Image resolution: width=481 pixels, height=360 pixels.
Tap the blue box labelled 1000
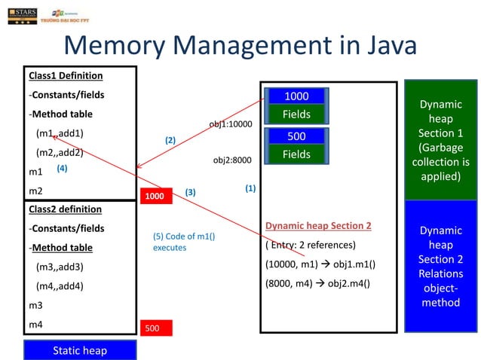[x=296, y=96]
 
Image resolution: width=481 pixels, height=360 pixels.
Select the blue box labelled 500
[x=296, y=136]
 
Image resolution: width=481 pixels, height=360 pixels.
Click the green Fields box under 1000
[x=296, y=114]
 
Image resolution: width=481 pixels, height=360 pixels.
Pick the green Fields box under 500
[x=296, y=154]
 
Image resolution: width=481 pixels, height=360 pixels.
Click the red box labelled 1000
[x=155, y=194]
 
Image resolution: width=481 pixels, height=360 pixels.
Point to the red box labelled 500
[x=155, y=328]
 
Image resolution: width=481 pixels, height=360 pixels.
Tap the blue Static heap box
[x=80, y=350]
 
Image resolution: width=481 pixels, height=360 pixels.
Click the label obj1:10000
[x=230, y=124]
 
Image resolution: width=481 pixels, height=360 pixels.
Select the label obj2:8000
[x=232, y=160]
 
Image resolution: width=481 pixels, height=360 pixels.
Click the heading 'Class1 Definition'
[x=66, y=76]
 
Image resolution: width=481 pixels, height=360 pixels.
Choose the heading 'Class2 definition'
[x=66, y=209]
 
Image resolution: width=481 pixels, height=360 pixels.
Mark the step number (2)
[x=170, y=140]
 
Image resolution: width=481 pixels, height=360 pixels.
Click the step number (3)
[x=190, y=192]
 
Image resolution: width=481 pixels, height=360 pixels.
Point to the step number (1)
[x=250, y=188]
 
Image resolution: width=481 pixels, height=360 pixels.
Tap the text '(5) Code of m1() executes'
[x=184, y=242]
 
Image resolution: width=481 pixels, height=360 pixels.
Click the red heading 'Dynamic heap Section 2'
[x=318, y=226]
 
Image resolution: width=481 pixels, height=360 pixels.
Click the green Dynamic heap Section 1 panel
[x=440, y=140]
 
